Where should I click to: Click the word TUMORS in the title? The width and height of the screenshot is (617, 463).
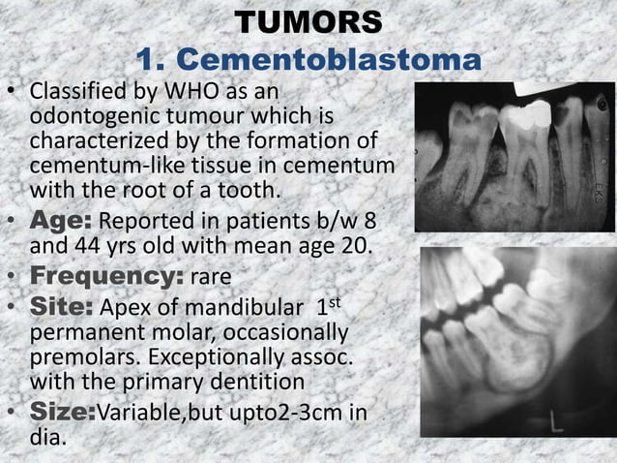tap(308, 21)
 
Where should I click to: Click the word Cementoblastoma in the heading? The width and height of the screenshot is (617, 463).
tap(308, 60)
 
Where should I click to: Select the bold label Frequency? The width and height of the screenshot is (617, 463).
tap(104, 279)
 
